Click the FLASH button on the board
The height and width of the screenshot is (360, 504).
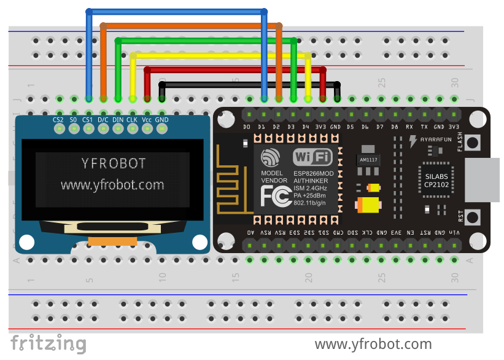(x=472, y=143)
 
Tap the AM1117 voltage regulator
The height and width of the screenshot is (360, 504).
(x=368, y=159)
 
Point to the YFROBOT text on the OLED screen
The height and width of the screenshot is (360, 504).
(x=114, y=163)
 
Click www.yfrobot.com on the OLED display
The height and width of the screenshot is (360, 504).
(x=112, y=184)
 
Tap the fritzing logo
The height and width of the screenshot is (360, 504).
(x=48, y=343)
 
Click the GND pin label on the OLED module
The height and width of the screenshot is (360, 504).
(x=161, y=120)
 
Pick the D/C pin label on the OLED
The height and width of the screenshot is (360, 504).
(x=103, y=120)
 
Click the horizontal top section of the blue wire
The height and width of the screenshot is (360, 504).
(x=177, y=11)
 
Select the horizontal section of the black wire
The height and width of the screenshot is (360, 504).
(x=249, y=84)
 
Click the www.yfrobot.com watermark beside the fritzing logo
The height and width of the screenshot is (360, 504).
(x=373, y=344)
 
